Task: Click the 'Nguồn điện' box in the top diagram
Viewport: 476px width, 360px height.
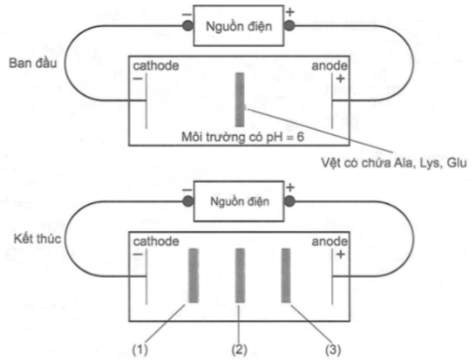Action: point(239,26)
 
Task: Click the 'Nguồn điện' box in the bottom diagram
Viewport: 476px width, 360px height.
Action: point(239,201)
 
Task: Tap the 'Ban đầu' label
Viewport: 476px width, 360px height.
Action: point(33,63)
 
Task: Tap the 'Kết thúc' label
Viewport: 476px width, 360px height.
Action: point(37,239)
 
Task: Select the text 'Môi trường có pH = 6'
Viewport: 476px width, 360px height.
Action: point(242,137)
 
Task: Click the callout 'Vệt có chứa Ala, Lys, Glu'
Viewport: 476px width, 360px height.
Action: point(394,163)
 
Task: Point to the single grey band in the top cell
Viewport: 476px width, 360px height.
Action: point(240,99)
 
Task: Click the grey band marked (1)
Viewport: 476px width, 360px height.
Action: point(194,275)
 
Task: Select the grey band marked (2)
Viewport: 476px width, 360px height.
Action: point(240,275)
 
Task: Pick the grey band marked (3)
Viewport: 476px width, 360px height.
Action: point(286,275)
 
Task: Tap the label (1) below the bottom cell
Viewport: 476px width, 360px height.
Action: point(140,350)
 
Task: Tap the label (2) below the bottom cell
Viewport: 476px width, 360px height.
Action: point(239,350)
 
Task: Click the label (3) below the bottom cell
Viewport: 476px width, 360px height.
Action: point(333,350)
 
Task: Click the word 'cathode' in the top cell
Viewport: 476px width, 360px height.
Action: point(156,66)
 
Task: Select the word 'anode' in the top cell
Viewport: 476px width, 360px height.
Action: point(330,66)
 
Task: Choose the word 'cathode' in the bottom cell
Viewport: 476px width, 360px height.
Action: point(156,241)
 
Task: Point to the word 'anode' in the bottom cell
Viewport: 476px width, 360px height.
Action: point(330,241)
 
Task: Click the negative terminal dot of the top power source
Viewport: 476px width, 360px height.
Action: point(188,26)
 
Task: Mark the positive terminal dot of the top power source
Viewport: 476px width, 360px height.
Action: point(289,26)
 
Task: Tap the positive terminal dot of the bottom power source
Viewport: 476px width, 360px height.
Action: point(289,201)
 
